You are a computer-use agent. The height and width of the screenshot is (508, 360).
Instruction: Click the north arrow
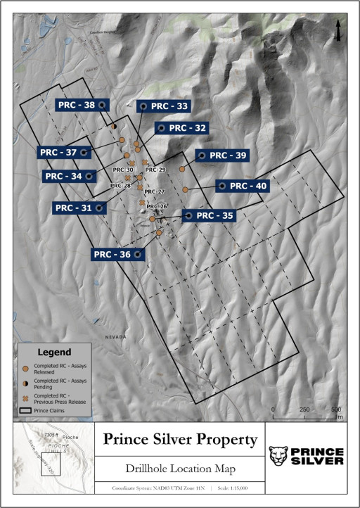tap(339, 30)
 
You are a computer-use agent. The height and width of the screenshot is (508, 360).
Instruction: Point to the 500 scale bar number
tap(336, 409)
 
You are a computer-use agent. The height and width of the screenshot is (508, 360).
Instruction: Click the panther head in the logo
tap(279, 456)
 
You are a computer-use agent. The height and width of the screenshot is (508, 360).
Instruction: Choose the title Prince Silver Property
tap(180, 440)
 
